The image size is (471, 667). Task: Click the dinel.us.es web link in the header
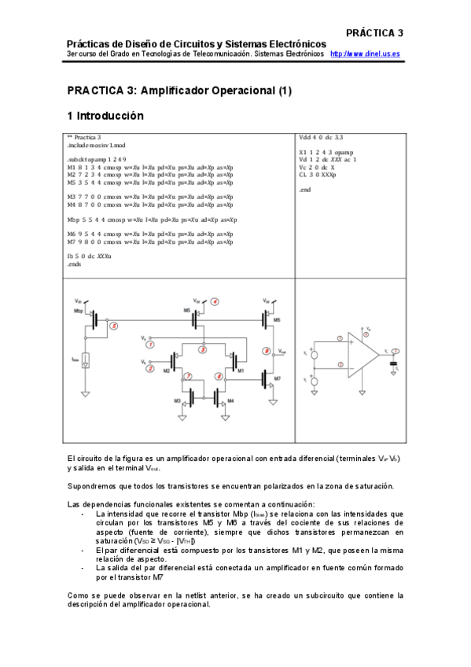[365, 53]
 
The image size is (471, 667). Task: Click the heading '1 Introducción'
[105, 116]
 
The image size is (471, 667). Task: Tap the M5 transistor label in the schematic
[187, 311]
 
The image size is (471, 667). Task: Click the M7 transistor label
[277, 378]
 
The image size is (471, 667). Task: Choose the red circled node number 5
[114, 325]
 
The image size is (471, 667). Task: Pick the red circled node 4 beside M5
[214, 301]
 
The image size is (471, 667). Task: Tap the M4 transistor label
[230, 401]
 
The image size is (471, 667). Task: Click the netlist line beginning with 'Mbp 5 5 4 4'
[146, 219]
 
